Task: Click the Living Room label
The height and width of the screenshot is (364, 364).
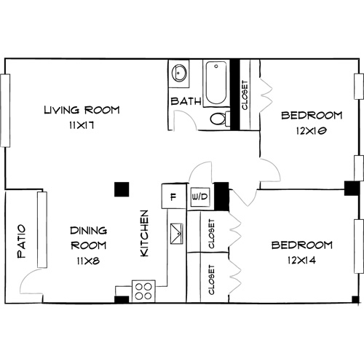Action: [x=81, y=111]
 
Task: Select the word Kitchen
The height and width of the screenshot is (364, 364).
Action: [x=144, y=233]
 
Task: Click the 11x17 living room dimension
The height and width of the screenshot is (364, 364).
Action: [x=81, y=125]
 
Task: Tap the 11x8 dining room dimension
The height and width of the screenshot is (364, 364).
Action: [x=89, y=260]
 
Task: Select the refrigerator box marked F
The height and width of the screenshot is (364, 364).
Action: [x=172, y=197]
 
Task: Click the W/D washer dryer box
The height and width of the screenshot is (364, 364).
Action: [x=199, y=197]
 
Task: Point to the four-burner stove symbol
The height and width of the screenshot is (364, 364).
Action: [x=143, y=290]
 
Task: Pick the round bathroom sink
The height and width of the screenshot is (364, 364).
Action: [x=180, y=74]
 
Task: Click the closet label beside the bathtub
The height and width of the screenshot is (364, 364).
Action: [x=244, y=95]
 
